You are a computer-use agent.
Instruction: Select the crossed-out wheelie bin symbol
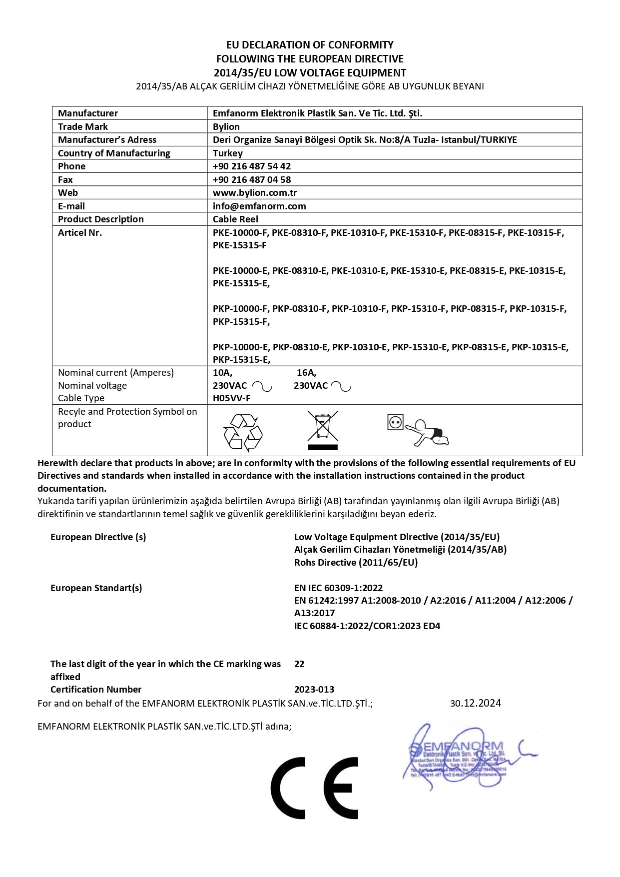coord(323,430)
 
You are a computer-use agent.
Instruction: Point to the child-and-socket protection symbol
coord(418,429)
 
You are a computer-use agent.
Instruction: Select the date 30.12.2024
coord(475,703)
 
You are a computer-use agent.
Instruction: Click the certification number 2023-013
coord(314,689)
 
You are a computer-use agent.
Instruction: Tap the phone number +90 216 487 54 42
coord(252,166)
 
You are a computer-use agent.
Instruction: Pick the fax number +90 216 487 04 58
coord(252,179)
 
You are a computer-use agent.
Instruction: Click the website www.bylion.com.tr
coord(255,192)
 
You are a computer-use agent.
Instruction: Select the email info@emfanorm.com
coord(259,206)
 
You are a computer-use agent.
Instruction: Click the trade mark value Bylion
coord(226,126)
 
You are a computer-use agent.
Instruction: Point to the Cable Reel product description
coord(235,219)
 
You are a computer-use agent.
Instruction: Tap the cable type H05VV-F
coord(232,398)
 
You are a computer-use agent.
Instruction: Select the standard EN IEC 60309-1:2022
coord(338,588)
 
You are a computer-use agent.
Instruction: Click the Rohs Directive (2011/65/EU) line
coord(356,562)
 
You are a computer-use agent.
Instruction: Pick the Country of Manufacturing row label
coord(114,153)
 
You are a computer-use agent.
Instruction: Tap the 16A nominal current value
coord(306,372)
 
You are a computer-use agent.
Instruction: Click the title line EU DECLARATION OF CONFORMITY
coord(310,44)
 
